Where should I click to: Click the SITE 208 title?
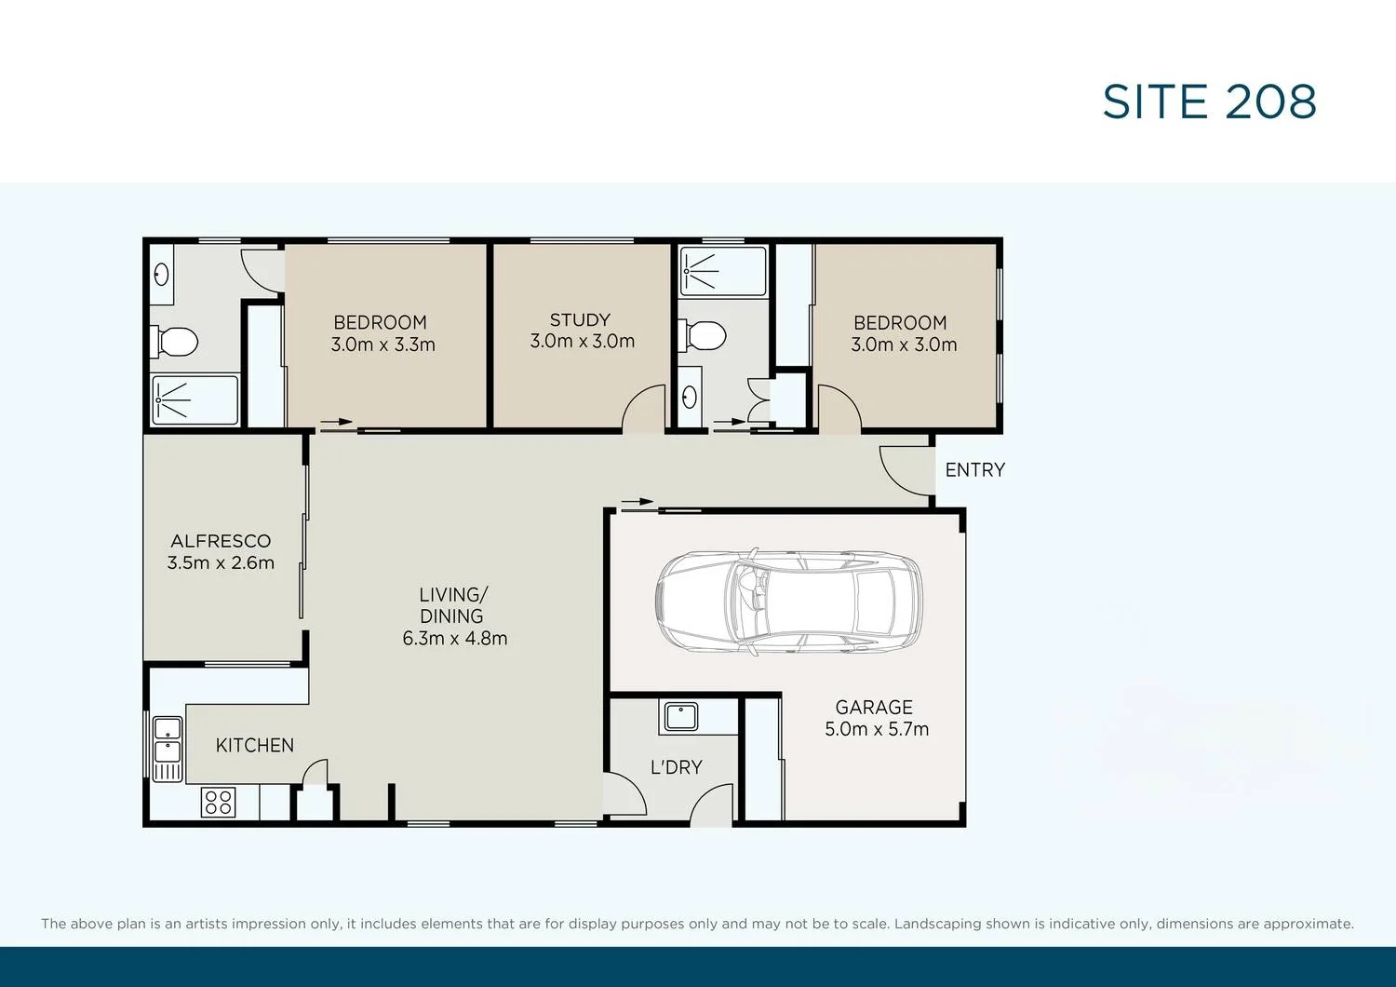pos(1209,102)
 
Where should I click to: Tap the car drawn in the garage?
pos(789,600)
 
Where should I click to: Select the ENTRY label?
pos(974,470)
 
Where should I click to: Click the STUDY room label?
pos(580,320)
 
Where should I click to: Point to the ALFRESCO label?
pos(221,541)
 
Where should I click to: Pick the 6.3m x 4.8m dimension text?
pos(454,639)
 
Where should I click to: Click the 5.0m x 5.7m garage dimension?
pos(876,729)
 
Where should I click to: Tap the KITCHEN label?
pos(254,746)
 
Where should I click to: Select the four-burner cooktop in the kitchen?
pos(219,802)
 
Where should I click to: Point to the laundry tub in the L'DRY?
pos(680,717)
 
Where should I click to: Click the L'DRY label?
pos(676,767)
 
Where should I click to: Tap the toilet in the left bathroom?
pos(174,342)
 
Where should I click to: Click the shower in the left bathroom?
pos(195,399)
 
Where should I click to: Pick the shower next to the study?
pos(722,271)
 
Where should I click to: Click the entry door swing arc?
pos(902,471)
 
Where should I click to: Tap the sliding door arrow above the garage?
pos(638,503)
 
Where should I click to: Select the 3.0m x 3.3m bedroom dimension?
pos(383,345)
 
